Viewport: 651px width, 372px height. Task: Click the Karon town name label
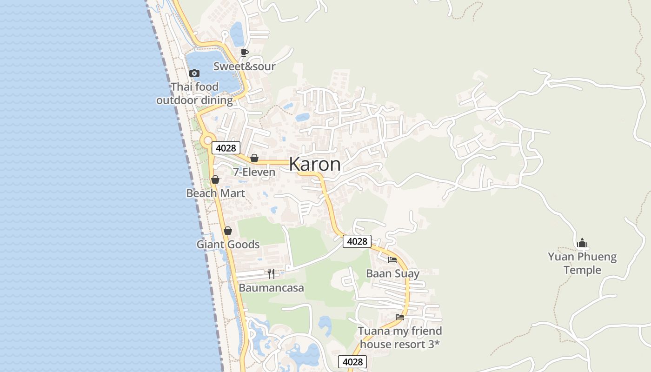click(x=315, y=164)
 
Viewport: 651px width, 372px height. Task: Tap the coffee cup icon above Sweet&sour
click(x=245, y=53)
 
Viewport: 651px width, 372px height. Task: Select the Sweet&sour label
click(x=244, y=66)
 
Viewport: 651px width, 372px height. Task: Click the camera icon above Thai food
click(x=194, y=73)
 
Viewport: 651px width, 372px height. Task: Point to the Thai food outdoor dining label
click(x=194, y=93)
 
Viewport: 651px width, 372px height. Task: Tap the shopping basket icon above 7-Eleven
click(x=254, y=158)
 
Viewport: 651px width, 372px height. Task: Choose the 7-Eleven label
click(x=254, y=172)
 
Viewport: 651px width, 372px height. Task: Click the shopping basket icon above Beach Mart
click(x=215, y=179)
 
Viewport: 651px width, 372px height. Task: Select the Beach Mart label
click(x=215, y=193)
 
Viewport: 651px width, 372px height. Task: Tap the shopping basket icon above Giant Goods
click(x=228, y=231)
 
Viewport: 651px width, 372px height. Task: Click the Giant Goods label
click(x=228, y=245)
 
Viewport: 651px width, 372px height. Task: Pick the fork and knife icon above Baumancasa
click(x=271, y=274)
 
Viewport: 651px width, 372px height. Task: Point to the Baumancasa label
click(x=271, y=288)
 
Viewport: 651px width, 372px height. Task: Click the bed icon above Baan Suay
click(x=392, y=259)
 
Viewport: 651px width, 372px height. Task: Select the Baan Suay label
click(x=392, y=273)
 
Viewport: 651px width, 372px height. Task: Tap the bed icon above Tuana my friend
click(x=400, y=317)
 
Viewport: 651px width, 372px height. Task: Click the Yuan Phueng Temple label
click(x=582, y=263)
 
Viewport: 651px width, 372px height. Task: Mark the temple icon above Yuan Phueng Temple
click(x=582, y=243)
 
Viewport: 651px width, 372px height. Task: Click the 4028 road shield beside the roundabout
click(x=226, y=148)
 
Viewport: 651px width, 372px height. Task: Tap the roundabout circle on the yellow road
click(x=207, y=140)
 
